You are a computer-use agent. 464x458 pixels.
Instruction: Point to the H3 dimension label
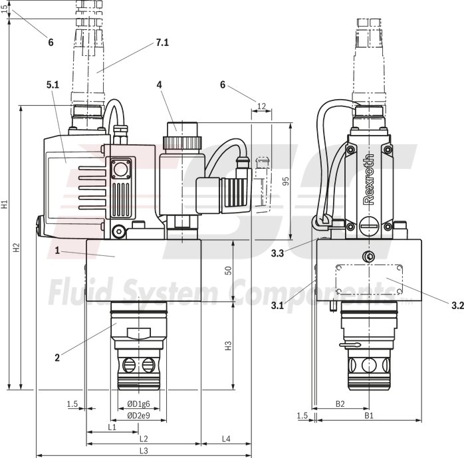pos(227,346)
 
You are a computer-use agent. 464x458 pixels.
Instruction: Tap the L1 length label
pos(112,427)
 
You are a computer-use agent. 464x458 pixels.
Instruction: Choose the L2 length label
pos(143,439)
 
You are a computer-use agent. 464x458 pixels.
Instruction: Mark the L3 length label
pos(143,451)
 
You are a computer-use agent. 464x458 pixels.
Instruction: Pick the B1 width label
pos(368,415)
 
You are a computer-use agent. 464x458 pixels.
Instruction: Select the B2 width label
pos(340,403)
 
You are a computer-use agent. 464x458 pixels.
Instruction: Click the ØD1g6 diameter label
pos(138,404)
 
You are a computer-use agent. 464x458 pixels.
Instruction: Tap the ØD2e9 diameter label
pos(138,416)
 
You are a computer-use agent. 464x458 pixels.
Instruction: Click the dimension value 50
pos(227,271)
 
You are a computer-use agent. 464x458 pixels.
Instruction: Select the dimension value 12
pos(261,106)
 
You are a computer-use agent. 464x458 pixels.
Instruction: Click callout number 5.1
pos(53,85)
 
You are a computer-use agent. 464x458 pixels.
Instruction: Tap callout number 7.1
pos(162,43)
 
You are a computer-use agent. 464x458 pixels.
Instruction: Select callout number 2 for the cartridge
pos(57,357)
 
